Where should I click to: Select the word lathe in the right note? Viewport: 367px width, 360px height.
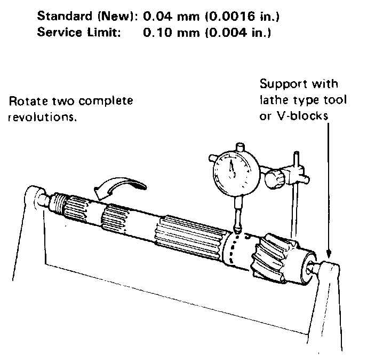pos(272,100)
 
